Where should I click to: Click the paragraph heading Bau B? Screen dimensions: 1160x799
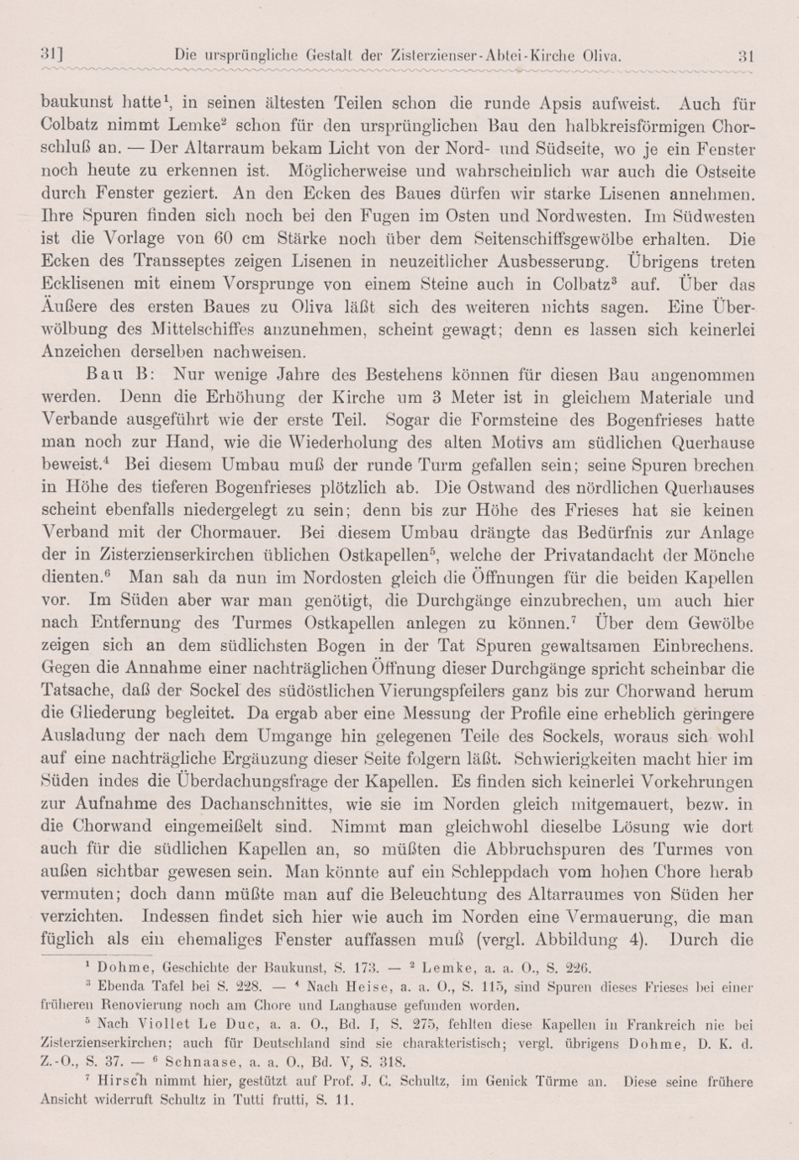coord(118,374)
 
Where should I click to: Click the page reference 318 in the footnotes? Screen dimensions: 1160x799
coord(394,1061)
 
